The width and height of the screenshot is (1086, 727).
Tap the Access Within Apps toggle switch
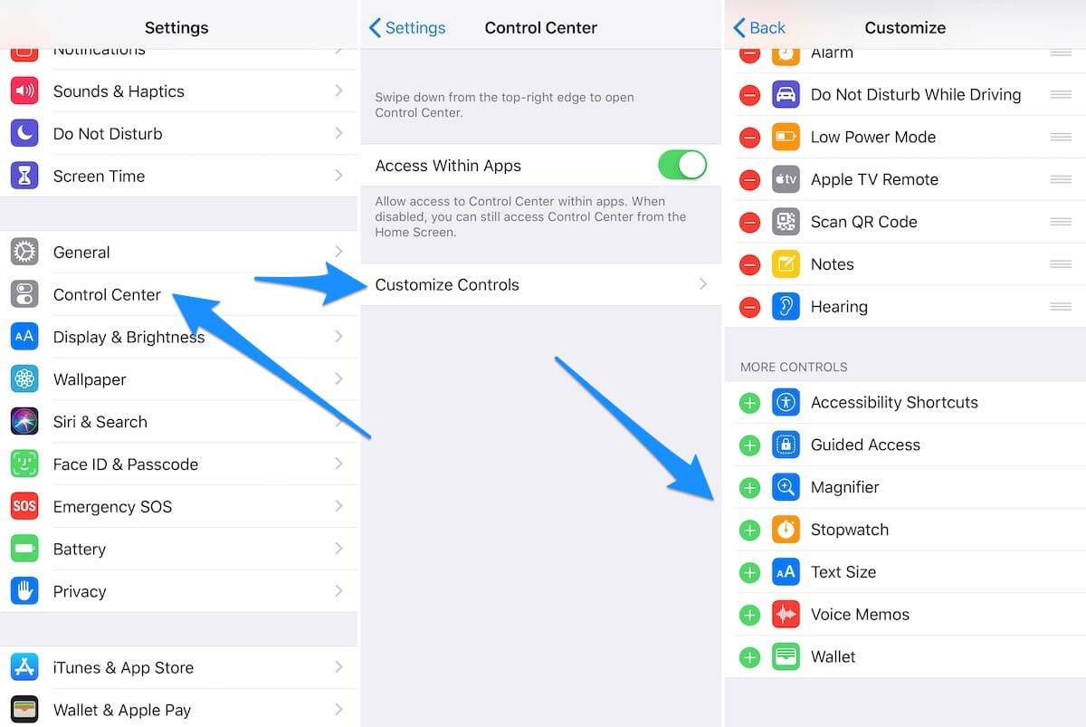click(681, 166)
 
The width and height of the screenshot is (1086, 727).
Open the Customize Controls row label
click(447, 284)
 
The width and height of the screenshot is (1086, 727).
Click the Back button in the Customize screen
click(759, 28)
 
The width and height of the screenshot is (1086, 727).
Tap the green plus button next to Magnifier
click(749, 488)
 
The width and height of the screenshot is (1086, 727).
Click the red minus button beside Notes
click(749, 264)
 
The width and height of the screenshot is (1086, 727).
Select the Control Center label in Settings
click(107, 294)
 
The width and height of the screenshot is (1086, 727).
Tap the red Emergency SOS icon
click(24, 506)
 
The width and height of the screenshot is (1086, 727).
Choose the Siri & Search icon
click(24, 422)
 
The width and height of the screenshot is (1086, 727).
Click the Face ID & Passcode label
click(126, 464)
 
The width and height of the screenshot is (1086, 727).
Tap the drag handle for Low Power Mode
click(1061, 137)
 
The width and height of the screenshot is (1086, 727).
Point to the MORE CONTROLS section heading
click(794, 367)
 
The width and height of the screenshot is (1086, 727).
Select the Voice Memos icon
click(786, 615)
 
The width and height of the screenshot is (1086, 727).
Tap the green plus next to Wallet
click(749, 657)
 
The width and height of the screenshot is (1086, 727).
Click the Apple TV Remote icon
click(786, 179)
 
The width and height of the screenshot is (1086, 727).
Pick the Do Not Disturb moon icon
click(24, 134)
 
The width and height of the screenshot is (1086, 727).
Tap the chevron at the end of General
click(338, 252)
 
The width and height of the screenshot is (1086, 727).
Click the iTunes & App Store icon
click(24, 667)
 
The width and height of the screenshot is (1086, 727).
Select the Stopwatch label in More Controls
click(849, 530)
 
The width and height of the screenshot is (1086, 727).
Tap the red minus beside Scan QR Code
click(749, 222)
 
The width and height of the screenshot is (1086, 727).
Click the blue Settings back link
click(407, 28)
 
